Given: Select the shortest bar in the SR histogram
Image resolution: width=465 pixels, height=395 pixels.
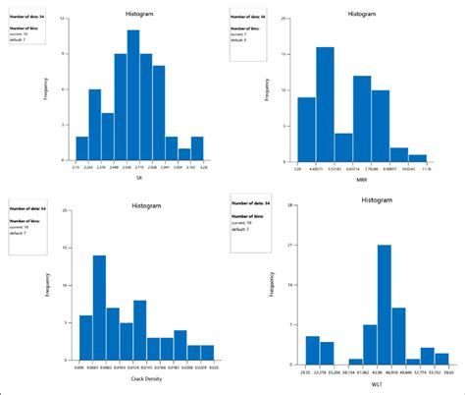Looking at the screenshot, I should (184, 154).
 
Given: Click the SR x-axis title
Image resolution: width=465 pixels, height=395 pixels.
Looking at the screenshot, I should (140, 179).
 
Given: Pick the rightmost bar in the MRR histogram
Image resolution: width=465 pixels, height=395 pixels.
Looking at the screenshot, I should (418, 157).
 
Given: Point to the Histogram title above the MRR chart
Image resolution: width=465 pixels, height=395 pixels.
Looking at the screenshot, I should (361, 15).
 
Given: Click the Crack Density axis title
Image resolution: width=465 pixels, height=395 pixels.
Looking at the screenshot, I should (145, 379).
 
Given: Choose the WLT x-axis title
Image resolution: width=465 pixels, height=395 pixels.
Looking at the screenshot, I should (377, 384).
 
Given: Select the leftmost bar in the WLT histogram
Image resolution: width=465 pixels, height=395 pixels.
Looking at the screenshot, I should (312, 350).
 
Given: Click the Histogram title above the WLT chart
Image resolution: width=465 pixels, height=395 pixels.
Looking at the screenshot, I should (377, 199).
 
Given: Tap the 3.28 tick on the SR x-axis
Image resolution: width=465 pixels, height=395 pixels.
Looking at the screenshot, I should (203, 169).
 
